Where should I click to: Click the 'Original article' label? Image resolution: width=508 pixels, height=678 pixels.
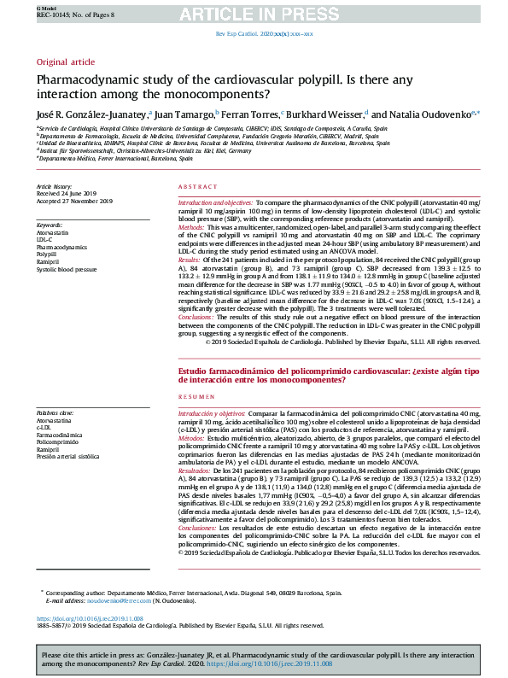(65, 62)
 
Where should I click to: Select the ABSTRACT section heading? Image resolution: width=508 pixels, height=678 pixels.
(196, 187)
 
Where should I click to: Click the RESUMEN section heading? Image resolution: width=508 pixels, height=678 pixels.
(196, 423)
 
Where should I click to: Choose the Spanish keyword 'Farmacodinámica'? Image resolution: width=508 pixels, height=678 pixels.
(61, 435)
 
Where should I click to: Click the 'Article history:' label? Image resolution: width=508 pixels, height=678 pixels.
(55, 185)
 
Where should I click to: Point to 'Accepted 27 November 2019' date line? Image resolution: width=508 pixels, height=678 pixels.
(74, 201)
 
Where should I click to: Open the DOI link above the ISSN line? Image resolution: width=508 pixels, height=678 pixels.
(90, 617)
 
